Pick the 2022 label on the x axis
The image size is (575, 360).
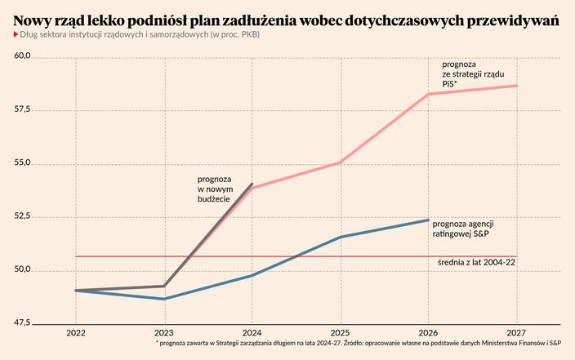click(x=76, y=334)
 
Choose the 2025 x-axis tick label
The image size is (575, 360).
click(x=340, y=334)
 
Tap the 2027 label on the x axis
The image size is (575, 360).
click(x=516, y=334)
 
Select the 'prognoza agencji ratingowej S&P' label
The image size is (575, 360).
click(x=464, y=229)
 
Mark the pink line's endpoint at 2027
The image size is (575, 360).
click(x=516, y=86)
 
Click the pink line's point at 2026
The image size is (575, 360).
click(x=428, y=94)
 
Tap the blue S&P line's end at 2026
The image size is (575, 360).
click(x=428, y=220)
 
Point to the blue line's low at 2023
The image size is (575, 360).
click(x=164, y=299)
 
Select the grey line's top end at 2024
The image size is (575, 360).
click(x=252, y=184)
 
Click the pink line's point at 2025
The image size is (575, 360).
click(x=340, y=162)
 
